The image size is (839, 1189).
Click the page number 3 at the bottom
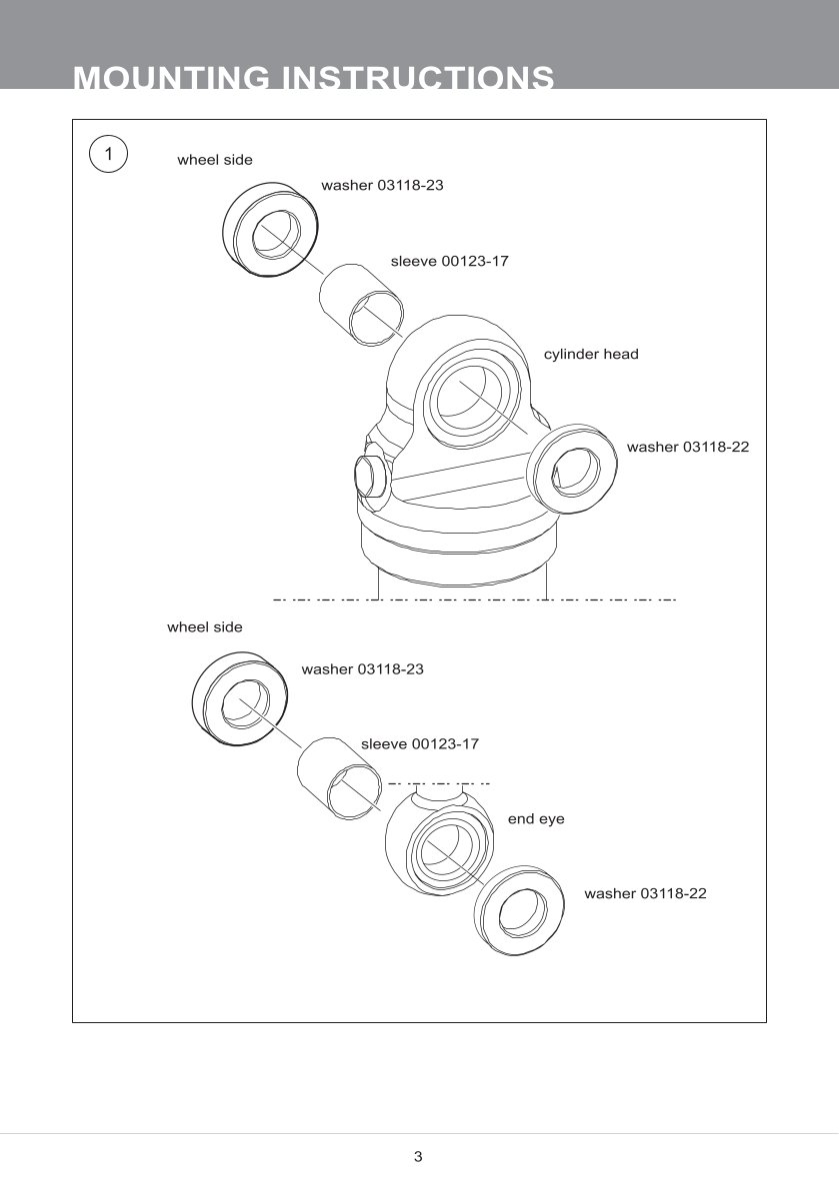418,1157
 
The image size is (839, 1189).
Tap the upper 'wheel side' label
214,160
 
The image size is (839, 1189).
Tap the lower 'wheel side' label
204,627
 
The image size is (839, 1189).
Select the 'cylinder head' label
590,355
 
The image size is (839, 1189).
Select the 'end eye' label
536,819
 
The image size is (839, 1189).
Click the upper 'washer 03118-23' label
382,186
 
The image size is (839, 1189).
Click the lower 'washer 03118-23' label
362,669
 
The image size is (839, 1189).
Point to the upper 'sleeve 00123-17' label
449,262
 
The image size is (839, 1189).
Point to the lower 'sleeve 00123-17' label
419,744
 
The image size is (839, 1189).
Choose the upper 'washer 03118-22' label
687,447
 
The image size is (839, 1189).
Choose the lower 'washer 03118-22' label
645,893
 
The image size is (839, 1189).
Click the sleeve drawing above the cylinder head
363,304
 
